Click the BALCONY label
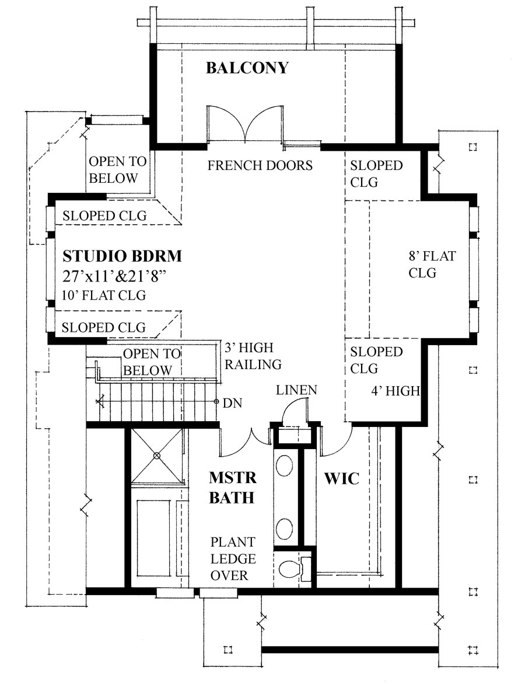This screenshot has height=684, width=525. (x=247, y=68)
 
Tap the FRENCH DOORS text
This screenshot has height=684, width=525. (x=260, y=165)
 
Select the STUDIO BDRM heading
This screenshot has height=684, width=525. (x=122, y=256)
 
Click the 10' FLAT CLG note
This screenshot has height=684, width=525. (x=103, y=295)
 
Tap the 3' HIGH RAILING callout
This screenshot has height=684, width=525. (x=253, y=356)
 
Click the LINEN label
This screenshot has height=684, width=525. (x=297, y=390)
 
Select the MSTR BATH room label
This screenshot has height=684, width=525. (x=232, y=488)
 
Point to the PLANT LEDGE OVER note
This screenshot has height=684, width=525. (x=233, y=558)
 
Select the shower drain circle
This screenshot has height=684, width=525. (x=156, y=455)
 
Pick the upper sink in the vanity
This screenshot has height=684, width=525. (x=284, y=466)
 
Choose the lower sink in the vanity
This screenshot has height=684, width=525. (x=284, y=528)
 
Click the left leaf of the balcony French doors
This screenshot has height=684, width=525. (x=220, y=123)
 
